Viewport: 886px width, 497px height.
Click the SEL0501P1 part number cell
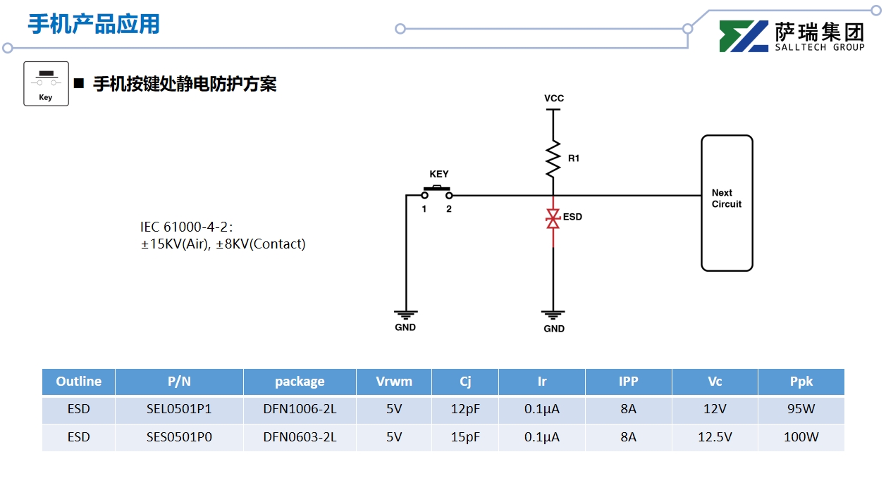coord(179,409)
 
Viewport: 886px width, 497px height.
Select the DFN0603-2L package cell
coord(300,437)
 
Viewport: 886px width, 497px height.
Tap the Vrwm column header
coord(394,382)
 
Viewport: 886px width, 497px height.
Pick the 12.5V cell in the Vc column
coord(715,437)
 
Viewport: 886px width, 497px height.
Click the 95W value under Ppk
coord(801,409)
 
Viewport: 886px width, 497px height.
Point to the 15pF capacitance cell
coord(465,437)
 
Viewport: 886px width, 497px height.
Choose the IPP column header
coord(628,382)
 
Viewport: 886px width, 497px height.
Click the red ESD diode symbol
coord(553,219)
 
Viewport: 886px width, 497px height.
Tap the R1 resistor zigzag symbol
coord(553,158)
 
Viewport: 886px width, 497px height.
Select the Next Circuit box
coord(727,203)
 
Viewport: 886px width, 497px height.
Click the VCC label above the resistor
coord(554,99)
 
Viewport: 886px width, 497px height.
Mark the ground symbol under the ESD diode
coord(553,314)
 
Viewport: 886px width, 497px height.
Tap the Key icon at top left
coord(46,84)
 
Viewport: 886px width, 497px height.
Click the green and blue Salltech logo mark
coord(744,37)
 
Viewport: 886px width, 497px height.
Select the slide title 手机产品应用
coord(94,24)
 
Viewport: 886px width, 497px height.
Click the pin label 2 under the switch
coord(449,209)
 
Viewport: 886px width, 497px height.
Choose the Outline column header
coord(79,382)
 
